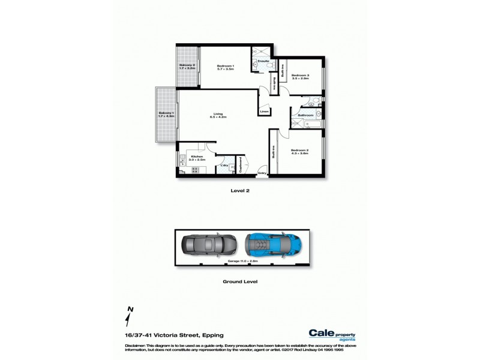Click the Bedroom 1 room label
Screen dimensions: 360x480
tap(225, 68)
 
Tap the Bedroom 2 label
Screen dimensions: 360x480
tap(299, 152)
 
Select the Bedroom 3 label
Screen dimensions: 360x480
tap(300, 76)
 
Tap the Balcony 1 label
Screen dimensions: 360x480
tap(166, 115)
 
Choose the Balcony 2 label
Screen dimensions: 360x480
tap(187, 67)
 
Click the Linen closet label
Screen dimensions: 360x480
tap(263, 112)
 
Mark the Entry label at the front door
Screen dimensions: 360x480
tap(262, 173)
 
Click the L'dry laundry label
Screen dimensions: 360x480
tap(223, 165)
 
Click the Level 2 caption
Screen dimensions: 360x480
tap(239, 190)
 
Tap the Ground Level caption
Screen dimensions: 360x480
tap(239, 281)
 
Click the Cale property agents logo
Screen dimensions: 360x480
tap(331, 334)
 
